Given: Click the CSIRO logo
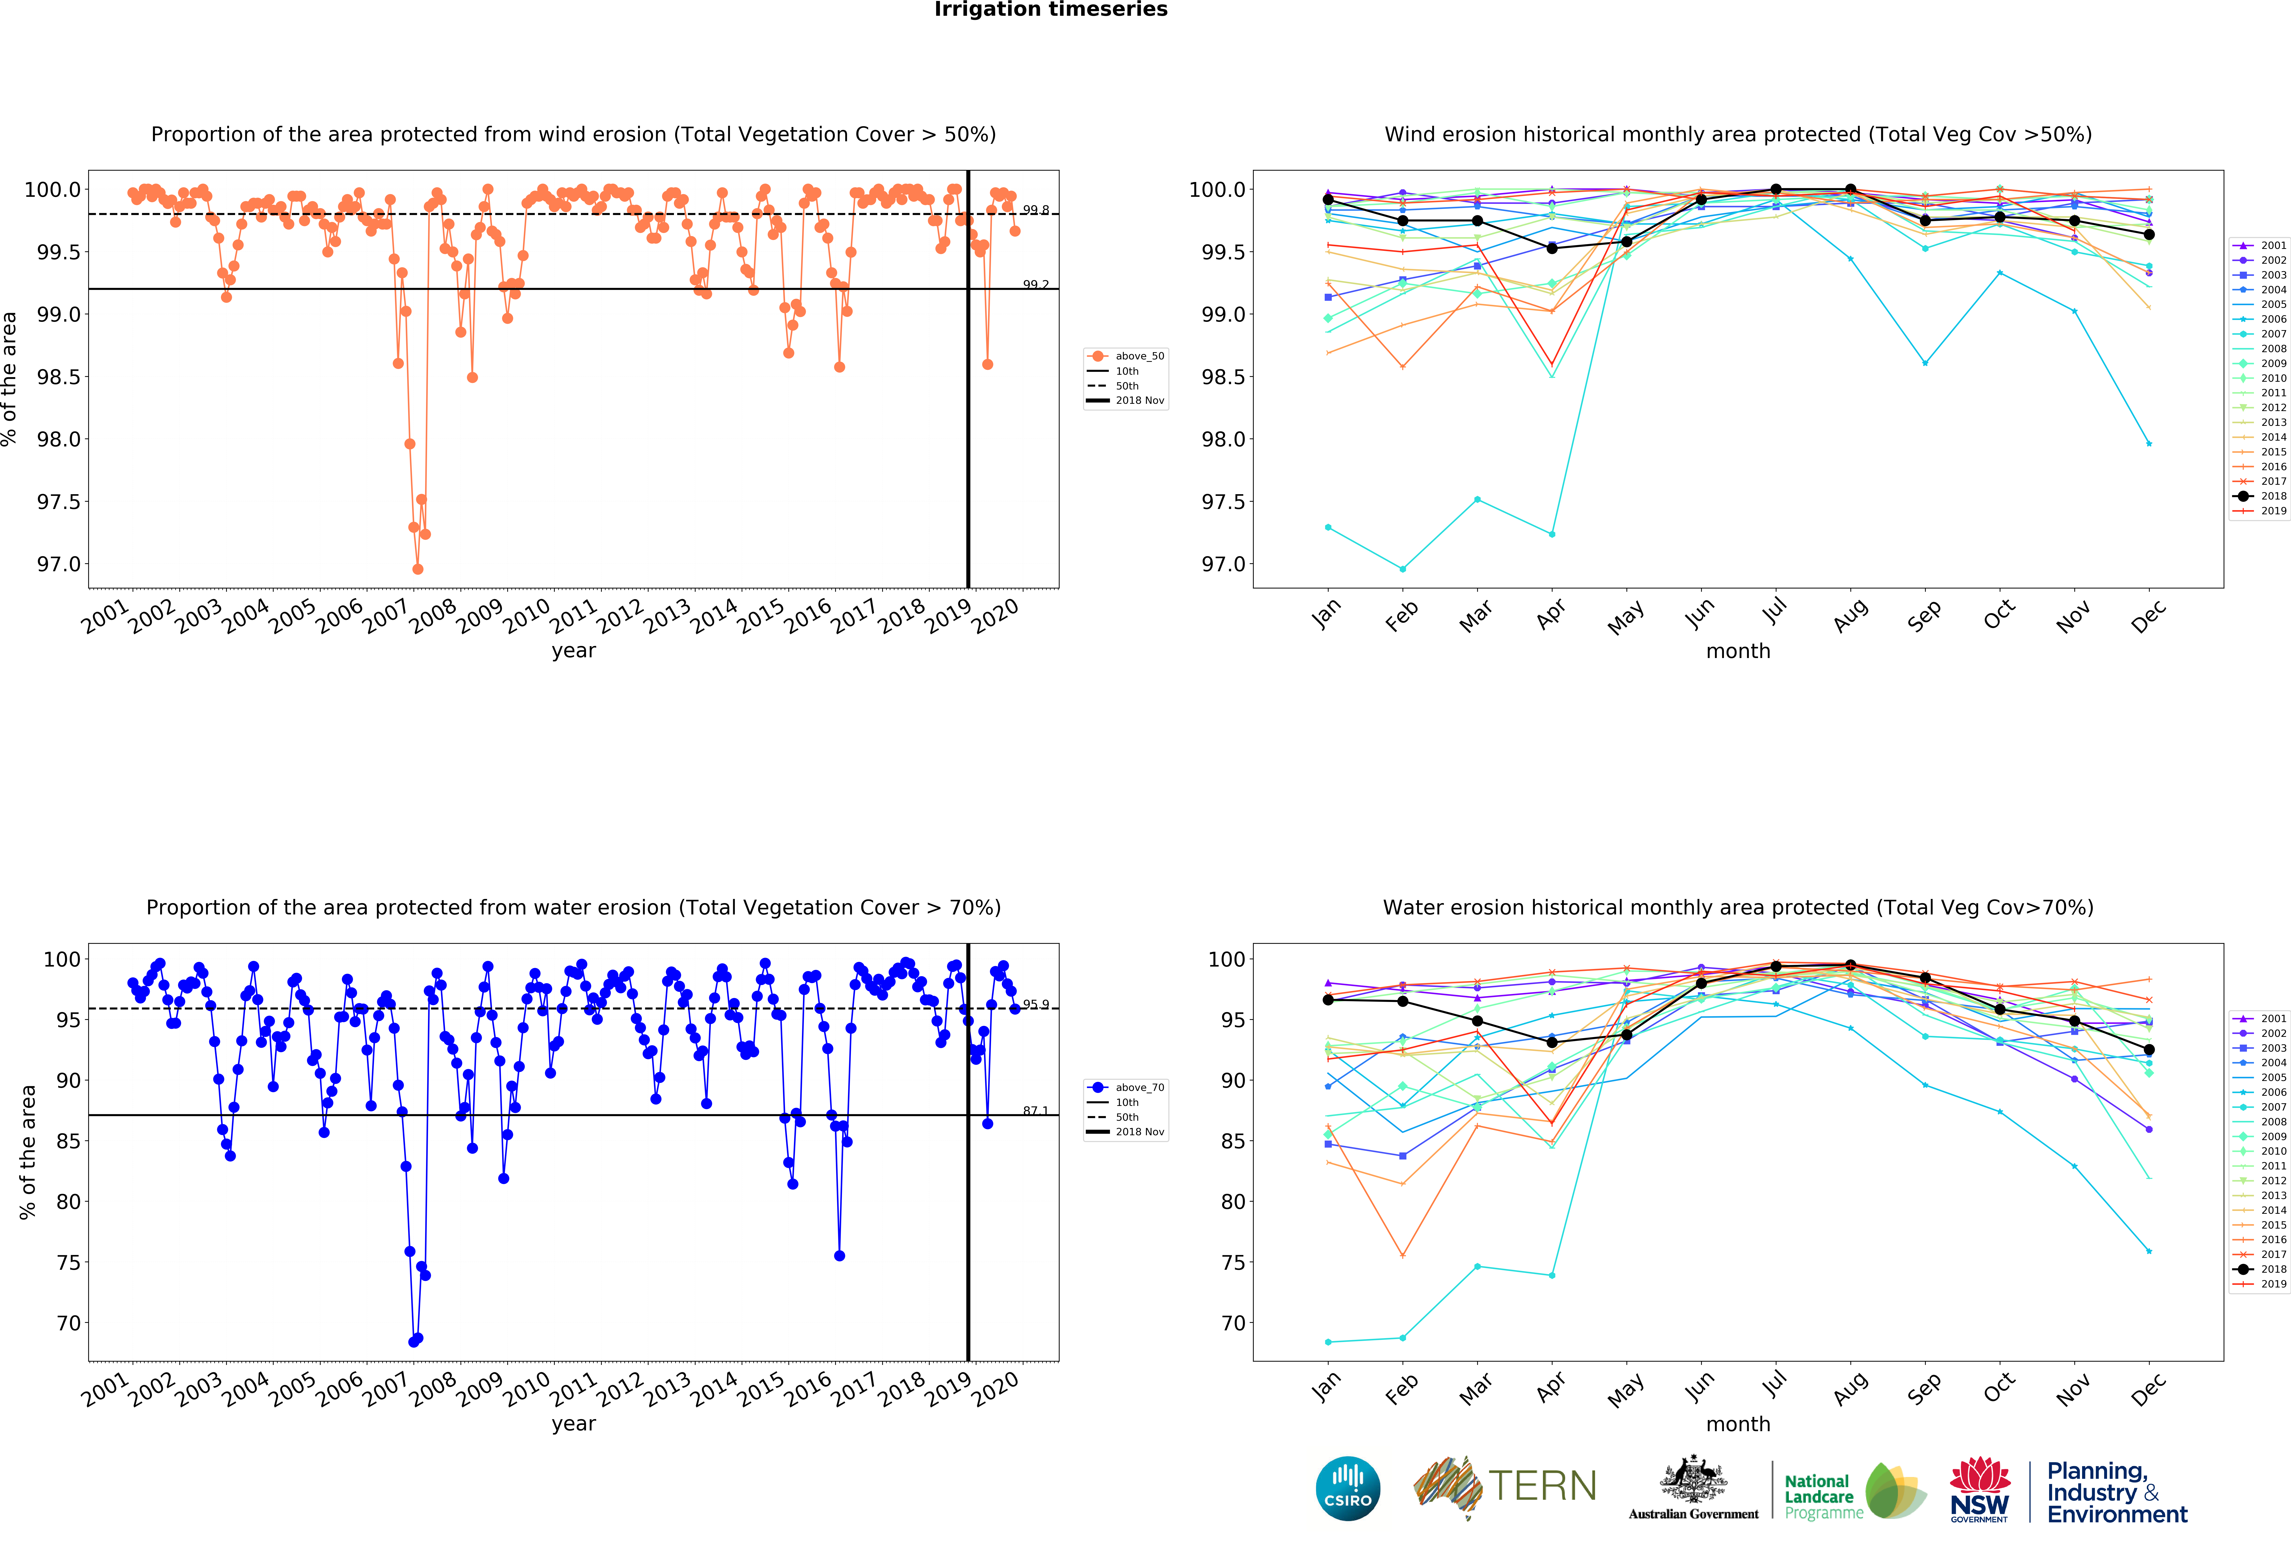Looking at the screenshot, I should click(x=1348, y=1488).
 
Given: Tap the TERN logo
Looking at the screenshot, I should click(x=1505, y=1486).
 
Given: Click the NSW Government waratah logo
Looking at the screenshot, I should click(x=1980, y=1488).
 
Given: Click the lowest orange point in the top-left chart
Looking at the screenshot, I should click(x=418, y=569).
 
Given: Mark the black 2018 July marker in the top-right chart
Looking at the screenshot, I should click(x=1776, y=189).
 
